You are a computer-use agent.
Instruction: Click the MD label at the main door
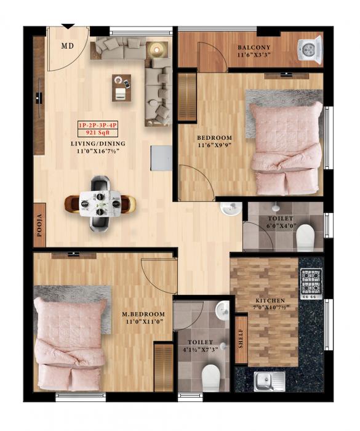click(67, 46)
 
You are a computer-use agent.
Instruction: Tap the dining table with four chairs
click(100, 201)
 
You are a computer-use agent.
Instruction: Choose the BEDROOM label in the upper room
click(214, 137)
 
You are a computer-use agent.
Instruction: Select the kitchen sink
click(267, 381)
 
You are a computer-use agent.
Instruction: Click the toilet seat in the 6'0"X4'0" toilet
click(305, 238)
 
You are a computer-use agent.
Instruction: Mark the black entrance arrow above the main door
click(68, 26)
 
